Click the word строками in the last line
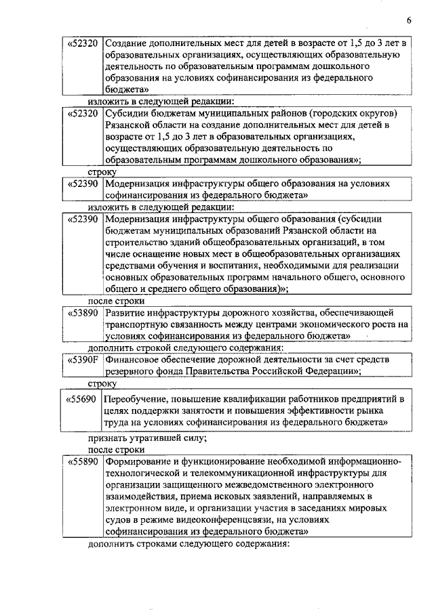(x=153, y=545)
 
